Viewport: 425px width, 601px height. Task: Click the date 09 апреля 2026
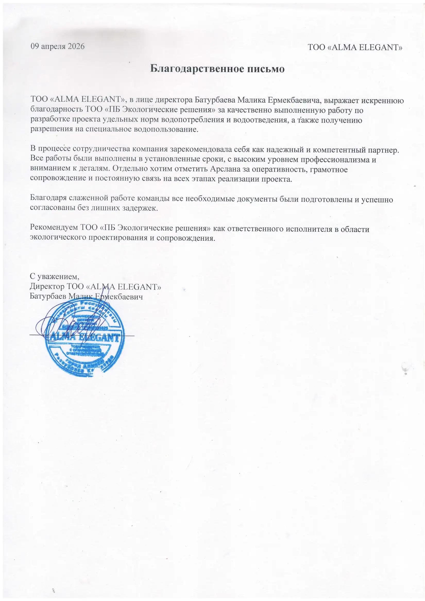click(x=58, y=46)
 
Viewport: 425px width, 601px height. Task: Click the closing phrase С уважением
click(x=54, y=276)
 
